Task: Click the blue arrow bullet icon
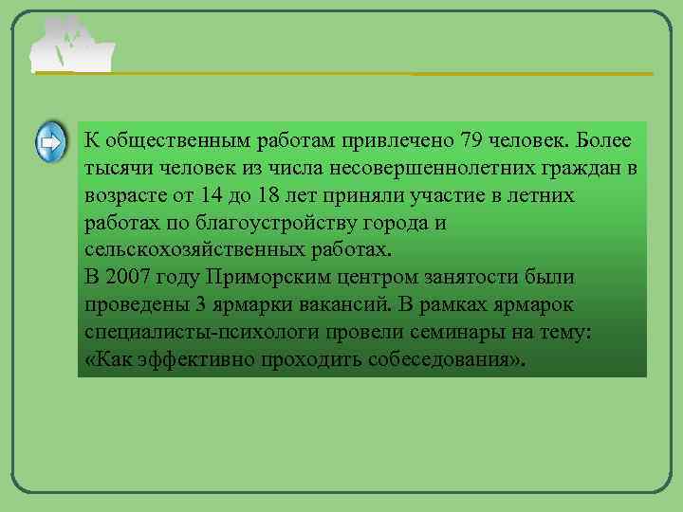click(x=50, y=143)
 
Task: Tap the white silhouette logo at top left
click(x=71, y=46)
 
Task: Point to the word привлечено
click(x=397, y=141)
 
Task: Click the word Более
click(x=604, y=141)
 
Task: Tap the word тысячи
click(x=115, y=169)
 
